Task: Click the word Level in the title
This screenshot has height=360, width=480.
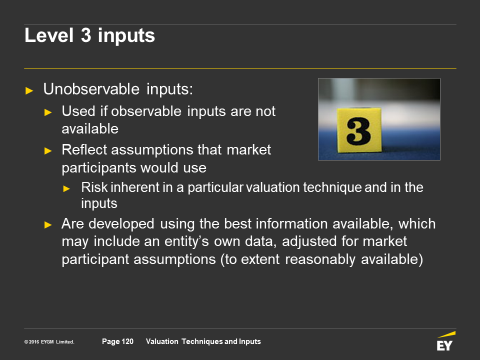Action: click(49, 35)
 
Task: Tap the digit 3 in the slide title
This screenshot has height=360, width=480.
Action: click(86, 35)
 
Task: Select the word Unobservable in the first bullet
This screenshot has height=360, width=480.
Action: click(91, 89)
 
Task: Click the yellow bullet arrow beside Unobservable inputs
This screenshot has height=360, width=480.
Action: click(29, 90)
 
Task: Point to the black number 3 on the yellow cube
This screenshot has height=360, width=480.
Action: click(358, 131)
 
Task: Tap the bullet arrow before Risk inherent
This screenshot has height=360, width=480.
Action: click(66, 189)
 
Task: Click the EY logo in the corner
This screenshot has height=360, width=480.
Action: click(445, 341)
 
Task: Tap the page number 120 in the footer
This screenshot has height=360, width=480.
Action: click(127, 341)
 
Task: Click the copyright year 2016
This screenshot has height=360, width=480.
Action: click(33, 342)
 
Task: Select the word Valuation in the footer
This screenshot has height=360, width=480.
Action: click(162, 341)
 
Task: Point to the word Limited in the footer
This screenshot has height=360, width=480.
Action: click(65, 342)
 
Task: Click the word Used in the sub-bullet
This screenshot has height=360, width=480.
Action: click(78, 111)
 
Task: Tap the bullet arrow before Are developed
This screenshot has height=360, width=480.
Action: click(48, 225)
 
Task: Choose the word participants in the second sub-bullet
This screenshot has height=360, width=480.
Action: click(99, 168)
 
